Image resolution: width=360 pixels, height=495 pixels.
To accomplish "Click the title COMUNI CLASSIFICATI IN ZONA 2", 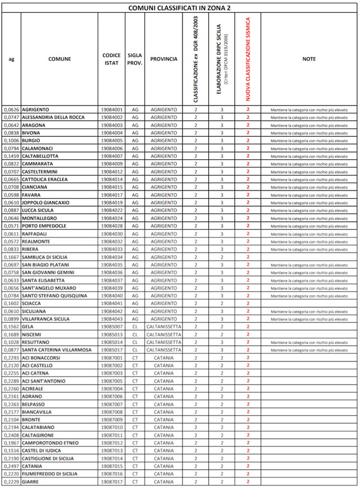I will point(180,8).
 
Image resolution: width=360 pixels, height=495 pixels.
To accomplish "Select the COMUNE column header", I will point(59,59).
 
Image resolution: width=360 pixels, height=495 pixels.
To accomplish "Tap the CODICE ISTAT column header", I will point(112,59).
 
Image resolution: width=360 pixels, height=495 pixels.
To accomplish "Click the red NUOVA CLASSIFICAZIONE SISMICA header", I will point(247,59).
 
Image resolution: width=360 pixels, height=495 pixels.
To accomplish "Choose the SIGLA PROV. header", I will point(135,59).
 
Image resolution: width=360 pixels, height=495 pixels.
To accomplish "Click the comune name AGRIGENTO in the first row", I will point(35,110).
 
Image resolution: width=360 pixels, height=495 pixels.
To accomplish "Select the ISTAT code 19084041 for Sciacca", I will point(112,303).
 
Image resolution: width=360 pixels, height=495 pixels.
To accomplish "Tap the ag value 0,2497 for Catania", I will point(11,466).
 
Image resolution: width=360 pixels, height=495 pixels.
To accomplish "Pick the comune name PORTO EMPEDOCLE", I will point(44,226).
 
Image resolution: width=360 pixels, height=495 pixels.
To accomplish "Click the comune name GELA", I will point(28,326).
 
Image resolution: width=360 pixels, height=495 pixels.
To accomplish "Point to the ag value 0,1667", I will point(11,257).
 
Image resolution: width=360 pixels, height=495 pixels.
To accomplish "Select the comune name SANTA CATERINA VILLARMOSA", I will point(56,350).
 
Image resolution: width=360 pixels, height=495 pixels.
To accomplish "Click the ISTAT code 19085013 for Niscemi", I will point(112,334).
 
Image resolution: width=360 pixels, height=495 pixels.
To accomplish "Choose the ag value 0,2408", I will point(11,435).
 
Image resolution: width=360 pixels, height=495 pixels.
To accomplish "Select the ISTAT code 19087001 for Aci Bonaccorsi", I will point(112,358).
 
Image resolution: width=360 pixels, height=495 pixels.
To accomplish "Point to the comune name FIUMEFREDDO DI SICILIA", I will point(50,474).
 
